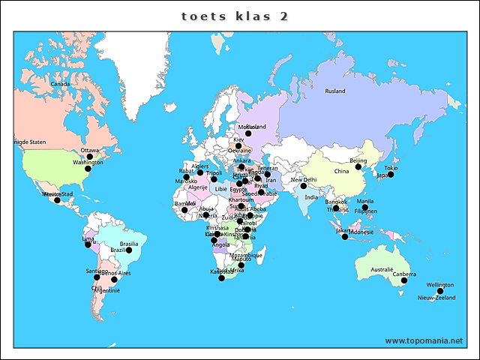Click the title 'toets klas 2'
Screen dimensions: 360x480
tap(235, 16)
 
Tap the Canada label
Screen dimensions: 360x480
tap(60, 84)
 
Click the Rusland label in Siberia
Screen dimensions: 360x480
tap(335, 91)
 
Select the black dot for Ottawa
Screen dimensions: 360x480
tap(90, 157)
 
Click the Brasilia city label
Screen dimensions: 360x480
tap(129, 244)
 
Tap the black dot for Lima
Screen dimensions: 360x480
tap(88, 245)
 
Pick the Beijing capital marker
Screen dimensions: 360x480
tap(358, 167)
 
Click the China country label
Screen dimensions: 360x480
tap(341, 171)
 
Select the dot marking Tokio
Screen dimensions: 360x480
tap(391, 174)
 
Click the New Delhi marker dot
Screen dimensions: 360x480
tap(304, 186)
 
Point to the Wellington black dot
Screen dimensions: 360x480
tap(441, 291)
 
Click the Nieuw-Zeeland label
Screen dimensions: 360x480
tap(436, 298)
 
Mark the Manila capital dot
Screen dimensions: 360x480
tap(365, 207)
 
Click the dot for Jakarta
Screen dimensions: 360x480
tap(345, 237)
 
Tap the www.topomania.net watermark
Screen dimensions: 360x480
tap(424, 340)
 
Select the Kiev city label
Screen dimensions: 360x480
tap(238, 139)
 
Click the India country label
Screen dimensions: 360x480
tap(310, 197)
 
